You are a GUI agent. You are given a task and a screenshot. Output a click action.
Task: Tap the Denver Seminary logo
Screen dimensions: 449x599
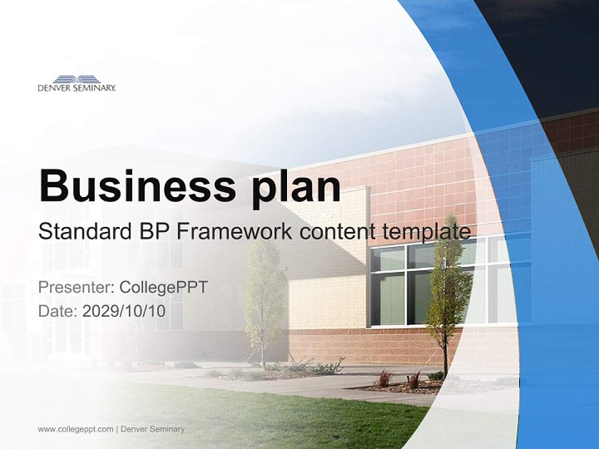pos(77,84)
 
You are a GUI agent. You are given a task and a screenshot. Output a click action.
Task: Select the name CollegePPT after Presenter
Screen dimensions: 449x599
pos(163,287)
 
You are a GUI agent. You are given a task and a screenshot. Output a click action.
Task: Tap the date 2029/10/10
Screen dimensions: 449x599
pos(124,311)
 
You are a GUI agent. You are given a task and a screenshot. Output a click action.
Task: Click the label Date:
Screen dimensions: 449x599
pos(58,311)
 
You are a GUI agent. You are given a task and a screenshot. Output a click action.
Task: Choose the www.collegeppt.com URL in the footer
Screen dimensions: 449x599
pos(75,429)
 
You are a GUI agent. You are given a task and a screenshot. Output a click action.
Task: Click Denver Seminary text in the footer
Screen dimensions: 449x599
pos(153,429)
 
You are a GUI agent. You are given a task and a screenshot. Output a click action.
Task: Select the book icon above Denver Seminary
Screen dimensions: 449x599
pos(77,79)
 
